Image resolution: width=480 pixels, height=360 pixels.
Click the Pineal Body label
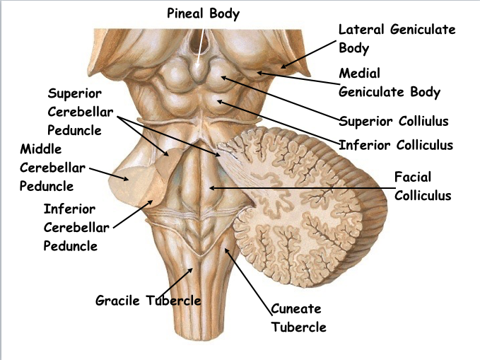click(204, 13)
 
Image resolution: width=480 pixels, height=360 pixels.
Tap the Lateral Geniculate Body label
click(397, 39)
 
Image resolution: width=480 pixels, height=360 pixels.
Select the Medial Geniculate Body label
click(390, 82)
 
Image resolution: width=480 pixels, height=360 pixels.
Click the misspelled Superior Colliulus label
click(394, 121)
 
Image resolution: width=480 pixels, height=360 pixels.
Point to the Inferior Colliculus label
click(396, 146)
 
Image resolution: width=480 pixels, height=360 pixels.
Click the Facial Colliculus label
click(422, 185)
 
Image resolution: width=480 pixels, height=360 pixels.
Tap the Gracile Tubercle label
click(148, 301)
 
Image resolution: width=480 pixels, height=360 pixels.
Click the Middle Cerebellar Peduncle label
click(52, 168)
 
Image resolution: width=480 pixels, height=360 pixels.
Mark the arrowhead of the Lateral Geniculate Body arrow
click(283, 69)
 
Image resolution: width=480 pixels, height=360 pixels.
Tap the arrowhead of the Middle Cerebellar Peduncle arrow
click(129, 178)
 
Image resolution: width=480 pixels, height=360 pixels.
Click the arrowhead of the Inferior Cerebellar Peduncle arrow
click(153, 201)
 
